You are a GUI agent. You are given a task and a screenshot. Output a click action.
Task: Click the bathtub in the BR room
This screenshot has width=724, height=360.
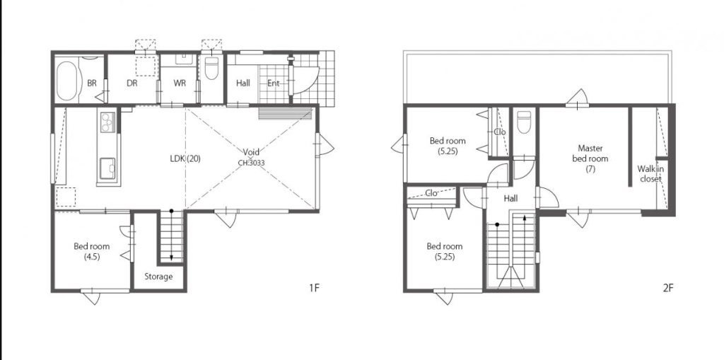point(66,81)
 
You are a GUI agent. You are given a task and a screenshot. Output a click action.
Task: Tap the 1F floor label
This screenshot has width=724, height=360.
point(314,289)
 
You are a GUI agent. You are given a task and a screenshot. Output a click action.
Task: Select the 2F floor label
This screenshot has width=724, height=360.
point(668,289)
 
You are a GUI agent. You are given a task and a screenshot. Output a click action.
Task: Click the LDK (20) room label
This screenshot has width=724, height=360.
point(185,158)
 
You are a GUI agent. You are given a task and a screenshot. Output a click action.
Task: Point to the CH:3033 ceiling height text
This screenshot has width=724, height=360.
point(251,163)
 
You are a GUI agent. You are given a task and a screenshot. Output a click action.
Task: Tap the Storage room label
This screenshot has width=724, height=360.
point(158,277)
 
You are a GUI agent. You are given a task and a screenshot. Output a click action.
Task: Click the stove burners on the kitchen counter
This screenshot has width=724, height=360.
point(107,122)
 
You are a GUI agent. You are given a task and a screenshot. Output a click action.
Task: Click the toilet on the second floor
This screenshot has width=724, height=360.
point(524,122)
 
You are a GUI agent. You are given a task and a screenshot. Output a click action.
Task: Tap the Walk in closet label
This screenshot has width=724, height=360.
point(650,174)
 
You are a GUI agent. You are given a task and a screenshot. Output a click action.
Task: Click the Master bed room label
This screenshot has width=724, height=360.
point(590,158)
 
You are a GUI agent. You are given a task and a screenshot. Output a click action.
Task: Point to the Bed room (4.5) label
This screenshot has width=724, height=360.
point(92,252)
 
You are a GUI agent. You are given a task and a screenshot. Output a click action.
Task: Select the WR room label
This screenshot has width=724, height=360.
point(180,83)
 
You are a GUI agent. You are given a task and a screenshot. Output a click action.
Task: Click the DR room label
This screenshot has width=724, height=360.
point(132,83)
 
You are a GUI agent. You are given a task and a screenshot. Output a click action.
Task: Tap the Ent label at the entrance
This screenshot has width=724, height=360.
point(274,83)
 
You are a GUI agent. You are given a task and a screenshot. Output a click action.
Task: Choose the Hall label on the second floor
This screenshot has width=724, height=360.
point(510,199)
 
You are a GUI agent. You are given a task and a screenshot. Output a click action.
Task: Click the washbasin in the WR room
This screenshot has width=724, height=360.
point(185,59)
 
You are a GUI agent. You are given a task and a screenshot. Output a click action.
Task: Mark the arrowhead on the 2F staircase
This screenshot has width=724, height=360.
point(525,216)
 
